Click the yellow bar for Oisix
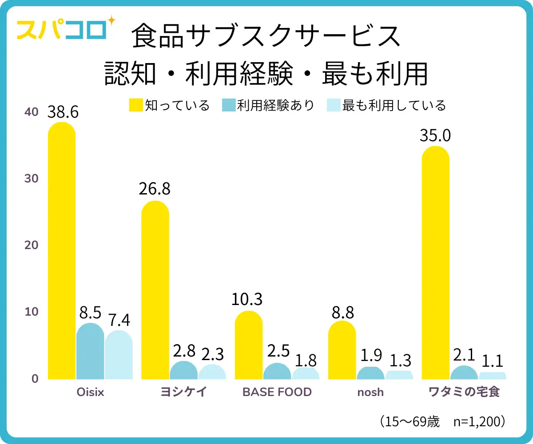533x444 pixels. pyautogui.click(x=62, y=251)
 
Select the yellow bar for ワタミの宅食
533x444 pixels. pyautogui.click(x=435, y=263)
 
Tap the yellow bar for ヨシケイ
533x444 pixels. pyautogui.click(x=155, y=290)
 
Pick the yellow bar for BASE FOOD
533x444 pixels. pyautogui.click(x=248, y=345)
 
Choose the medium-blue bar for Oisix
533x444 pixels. pyautogui.click(x=90, y=352)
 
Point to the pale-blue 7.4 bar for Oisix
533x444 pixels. pyautogui.click(x=119, y=355)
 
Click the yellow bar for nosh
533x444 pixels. pyautogui.click(x=342, y=350)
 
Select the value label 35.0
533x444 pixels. pyautogui.click(x=435, y=135)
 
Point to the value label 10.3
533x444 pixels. pyautogui.click(x=247, y=300)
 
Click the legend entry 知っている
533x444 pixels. pyautogui.click(x=169, y=106)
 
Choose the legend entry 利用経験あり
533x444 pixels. pyautogui.click(x=269, y=106)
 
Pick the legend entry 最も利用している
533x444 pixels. pyautogui.click(x=386, y=106)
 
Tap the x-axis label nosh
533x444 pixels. pyautogui.click(x=371, y=392)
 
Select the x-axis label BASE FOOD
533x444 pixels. pyautogui.click(x=277, y=392)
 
